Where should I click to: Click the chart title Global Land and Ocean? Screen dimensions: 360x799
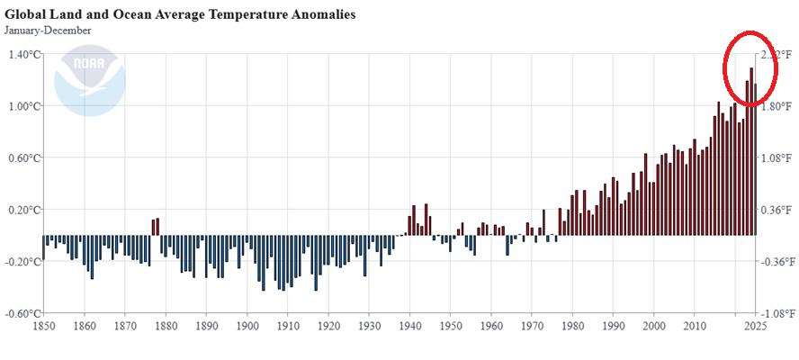pos(180,15)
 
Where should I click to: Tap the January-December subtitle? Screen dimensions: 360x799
pos(46,31)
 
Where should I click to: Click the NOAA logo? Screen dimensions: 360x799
pos(89,80)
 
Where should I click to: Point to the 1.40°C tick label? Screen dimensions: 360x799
pos(24,55)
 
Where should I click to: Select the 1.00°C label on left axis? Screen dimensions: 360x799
pos(24,106)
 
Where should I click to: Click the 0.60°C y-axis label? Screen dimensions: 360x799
pos(24,158)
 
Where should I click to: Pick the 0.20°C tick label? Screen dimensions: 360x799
pos(24,211)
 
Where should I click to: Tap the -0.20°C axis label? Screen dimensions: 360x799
pos(22,262)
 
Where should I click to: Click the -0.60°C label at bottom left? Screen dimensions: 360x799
pos(22,314)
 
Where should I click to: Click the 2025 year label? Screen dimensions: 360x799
pos(755,326)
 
